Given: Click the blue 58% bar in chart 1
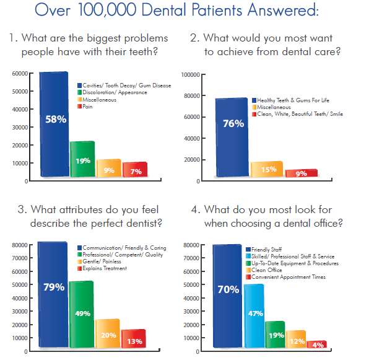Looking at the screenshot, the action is coord(54,124).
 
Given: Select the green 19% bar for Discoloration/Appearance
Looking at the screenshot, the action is coord(82,159).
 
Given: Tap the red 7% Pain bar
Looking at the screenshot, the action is coord(135,169).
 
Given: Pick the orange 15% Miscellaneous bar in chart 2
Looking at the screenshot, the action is coord(267,169).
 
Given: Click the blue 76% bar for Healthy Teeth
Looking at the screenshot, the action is coord(232,138).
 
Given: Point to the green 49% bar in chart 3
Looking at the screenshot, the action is coord(82,314).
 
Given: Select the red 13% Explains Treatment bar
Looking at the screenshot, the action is coord(134,338).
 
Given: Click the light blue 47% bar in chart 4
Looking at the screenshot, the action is coord(254,316).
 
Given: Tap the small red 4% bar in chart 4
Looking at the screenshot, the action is coord(317,344).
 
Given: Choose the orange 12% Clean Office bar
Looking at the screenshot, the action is coord(296,339).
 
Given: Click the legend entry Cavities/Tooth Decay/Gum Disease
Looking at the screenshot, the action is coord(124,86).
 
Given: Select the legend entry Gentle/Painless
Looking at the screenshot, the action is coord(99,261).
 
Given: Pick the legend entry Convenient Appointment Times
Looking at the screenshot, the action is coord(285,277).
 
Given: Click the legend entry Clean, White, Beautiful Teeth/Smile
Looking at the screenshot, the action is coord(297,114).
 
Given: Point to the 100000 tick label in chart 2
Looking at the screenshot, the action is coord(191,75).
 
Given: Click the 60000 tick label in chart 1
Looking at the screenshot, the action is coord(20,74).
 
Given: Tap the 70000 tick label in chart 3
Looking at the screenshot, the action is coord(20,258).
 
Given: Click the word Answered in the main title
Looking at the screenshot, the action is coord(283,10).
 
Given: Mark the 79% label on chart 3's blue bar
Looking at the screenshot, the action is coord(54,287).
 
